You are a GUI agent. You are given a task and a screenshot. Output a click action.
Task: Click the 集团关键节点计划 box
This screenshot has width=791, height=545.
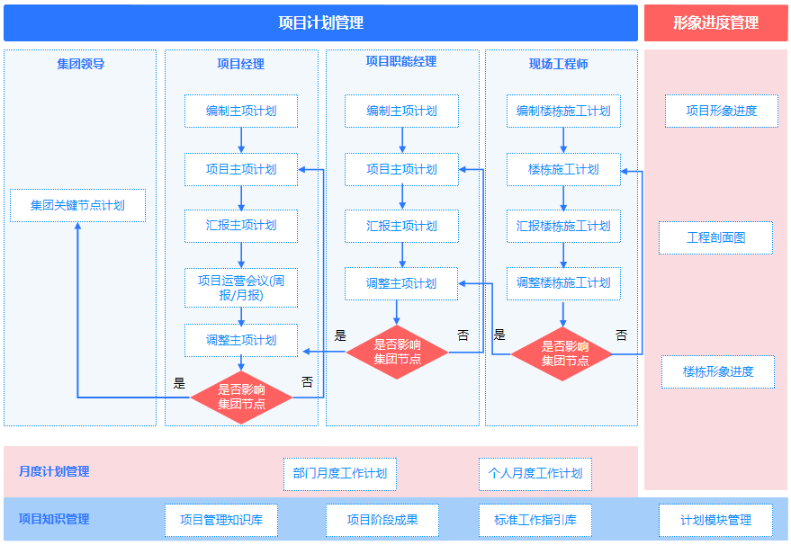tap(77, 205)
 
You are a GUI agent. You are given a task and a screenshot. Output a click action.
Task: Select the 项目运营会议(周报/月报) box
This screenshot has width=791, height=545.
tap(241, 288)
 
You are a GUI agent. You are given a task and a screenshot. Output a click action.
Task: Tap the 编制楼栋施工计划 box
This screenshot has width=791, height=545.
tap(563, 111)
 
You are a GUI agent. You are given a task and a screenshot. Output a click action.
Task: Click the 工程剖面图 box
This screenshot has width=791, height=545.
tap(715, 237)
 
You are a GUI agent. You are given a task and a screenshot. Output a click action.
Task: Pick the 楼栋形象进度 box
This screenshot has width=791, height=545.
tap(718, 371)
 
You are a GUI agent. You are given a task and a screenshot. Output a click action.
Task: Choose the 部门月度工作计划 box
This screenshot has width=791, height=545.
tap(340, 474)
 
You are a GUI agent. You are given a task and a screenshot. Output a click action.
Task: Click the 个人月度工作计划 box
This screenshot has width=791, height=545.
tap(535, 474)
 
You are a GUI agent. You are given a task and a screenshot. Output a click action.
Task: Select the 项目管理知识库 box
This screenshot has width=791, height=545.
tap(221, 521)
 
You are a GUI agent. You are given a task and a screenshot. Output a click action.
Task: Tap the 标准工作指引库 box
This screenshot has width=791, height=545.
tap(535, 521)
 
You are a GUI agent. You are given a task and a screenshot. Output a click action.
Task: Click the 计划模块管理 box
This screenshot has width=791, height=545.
tap(715, 521)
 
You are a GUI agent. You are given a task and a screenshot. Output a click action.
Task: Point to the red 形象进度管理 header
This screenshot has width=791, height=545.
tap(715, 22)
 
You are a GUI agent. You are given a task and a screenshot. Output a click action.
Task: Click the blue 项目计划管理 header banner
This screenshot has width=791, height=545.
tap(321, 22)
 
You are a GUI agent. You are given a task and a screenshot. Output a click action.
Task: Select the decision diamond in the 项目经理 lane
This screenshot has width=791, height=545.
tap(241, 397)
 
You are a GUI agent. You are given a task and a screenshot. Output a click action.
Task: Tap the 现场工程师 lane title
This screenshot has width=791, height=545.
tap(559, 64)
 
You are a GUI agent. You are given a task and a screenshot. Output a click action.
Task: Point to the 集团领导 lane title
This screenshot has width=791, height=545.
tap(81, 64)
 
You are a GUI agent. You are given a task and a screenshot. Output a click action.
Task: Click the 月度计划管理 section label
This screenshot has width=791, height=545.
tap(54, 471)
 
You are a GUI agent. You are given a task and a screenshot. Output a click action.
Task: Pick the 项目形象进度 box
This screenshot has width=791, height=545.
tap(722, 111)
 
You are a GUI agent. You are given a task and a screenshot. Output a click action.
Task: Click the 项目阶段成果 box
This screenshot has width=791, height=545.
tap(382, 521)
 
